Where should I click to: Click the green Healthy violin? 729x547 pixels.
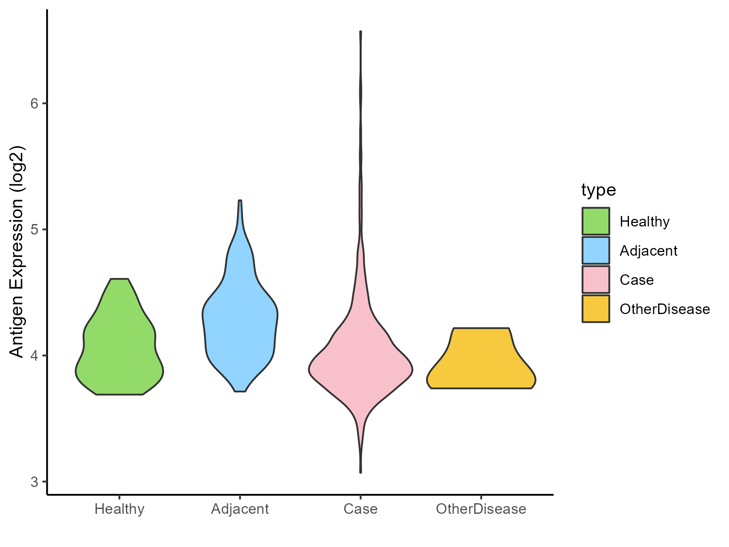pyautogui.click(x=119, y=348)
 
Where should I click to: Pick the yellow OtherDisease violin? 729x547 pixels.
pyautogui.click(x=481, y=361)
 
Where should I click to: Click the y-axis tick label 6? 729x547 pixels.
pyautogui.click(x=34, y=104)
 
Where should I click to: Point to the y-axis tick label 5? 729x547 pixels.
pyautogui.click(x=34, y=230)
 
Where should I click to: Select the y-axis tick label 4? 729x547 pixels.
pyautogui.click(x=34, y=356)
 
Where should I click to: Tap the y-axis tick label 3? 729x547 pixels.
pyautogui.click(x=34, y=482)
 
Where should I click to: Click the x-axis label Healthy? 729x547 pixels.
pyautogui.click(x=119, y=509)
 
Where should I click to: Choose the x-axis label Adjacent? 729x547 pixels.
pyautogui.click(x=240, y=509)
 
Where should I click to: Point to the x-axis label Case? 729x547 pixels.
pyautogui.click(x=360, y=509)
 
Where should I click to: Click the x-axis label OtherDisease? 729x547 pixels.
pyautogui.click(x=481, y=509)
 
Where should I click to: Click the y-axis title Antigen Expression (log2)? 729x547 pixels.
pyautogui.click(x=17, y=251)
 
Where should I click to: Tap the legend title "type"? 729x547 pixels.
pyautogui.click(x=599, y=190)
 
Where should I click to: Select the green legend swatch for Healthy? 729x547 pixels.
pyautogui.click(x=596, y=221)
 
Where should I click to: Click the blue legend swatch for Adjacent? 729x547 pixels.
pyautogui.click(x=596, y=250)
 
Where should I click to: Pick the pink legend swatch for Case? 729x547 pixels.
pyautogui.click(x=596, y=280)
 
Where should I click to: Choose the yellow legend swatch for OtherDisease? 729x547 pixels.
pyautogui.click(x=596, y=309)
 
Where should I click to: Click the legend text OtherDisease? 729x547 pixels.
pyautogui.click(x=665, y=309)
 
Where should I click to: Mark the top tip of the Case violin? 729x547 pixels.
pyautogui.click(x=360, y=32)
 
